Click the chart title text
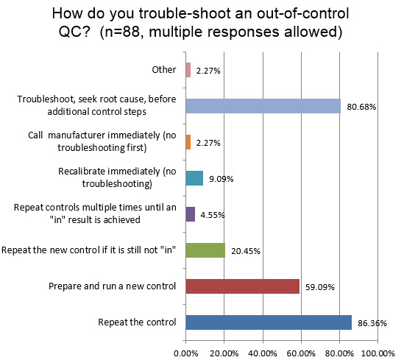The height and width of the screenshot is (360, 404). (x=202, y=24)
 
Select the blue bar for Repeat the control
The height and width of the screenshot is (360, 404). (x=269, y=322)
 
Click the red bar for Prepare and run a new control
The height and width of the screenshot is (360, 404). (x=243, y=286)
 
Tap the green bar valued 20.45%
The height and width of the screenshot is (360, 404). (x=205, y=250)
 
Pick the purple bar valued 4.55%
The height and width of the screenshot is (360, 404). (x=191, y=214)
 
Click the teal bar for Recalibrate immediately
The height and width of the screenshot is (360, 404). (x=194, y=178)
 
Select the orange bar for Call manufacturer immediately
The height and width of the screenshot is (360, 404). (x=188, y=142)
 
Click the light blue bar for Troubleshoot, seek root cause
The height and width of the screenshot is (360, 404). (x=263, y=106)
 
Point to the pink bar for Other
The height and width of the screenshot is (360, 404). (x=188, y=70)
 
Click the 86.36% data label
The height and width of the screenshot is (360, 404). (x=373, y=322)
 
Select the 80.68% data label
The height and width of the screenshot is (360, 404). (x=362, y=107)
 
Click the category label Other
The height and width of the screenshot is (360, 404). (x=165, y=70)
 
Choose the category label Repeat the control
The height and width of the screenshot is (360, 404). (x=138, y=322)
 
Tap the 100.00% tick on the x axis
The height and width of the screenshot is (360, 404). (x=378, y=352)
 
